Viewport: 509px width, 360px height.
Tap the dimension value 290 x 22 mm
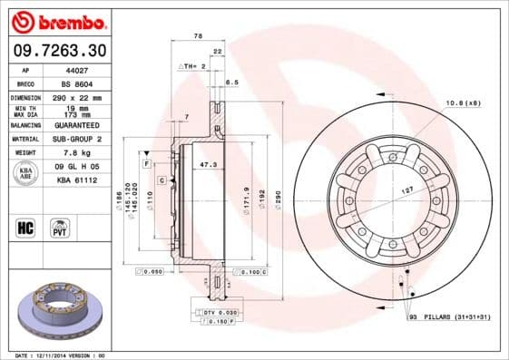coord(75,96)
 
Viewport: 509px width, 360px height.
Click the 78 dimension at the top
coord(198,36)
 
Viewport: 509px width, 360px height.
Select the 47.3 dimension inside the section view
coord(208,164)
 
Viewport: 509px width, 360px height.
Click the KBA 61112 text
coord(76,180)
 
